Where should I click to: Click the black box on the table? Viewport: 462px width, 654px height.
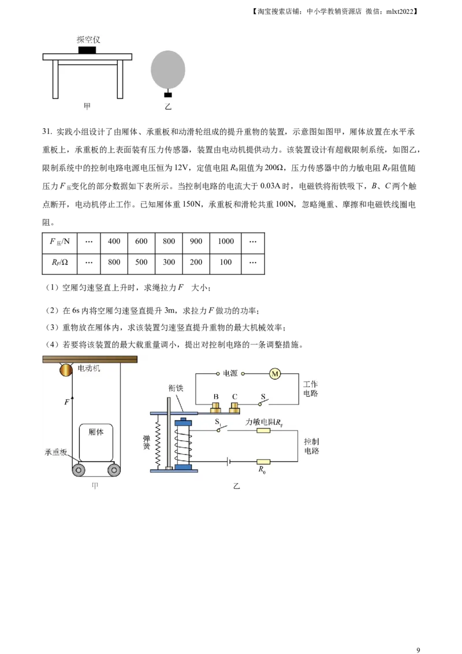[x=87, y=50]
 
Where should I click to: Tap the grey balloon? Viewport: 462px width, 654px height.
[x=168, y=69]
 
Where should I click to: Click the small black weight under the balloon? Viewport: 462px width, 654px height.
[x=168, y=95]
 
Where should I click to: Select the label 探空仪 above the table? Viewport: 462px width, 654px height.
[x=88, y=39]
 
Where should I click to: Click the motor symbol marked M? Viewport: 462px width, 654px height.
[x=275, y=374]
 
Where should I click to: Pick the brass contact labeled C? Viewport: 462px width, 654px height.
[x=234, y=408]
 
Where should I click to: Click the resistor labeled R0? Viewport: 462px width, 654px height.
[x=263, y=462]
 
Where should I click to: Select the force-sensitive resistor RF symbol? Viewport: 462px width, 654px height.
[x=263, y=430]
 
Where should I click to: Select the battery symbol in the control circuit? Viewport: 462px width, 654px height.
[x=229, y=462]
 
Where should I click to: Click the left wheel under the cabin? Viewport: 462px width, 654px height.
[x=79, y=470]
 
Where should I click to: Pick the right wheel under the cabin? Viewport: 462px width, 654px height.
[x=114, y=470]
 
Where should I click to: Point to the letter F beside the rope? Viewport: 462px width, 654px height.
[x=67, y=401]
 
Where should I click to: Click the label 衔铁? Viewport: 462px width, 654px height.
[x=176, y=388]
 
